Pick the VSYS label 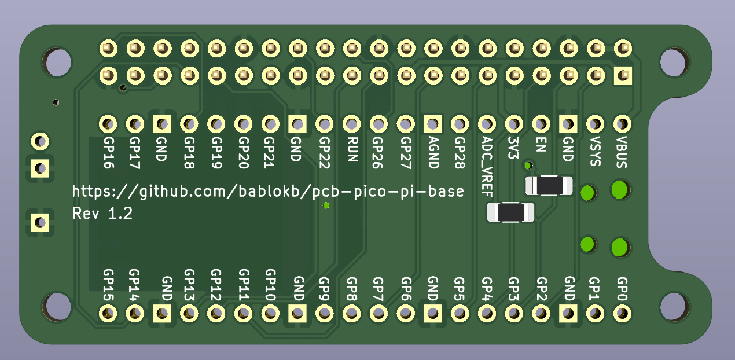[x=595, y=151]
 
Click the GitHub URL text [x=268, y=191]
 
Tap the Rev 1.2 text [x=102, y=214]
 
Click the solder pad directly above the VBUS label [x=622, y=123]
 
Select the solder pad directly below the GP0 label [x=622, y=314]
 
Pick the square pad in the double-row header [x=622, y=75]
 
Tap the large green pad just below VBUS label [x=620, y=189]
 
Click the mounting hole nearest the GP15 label [x=58, y=306]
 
